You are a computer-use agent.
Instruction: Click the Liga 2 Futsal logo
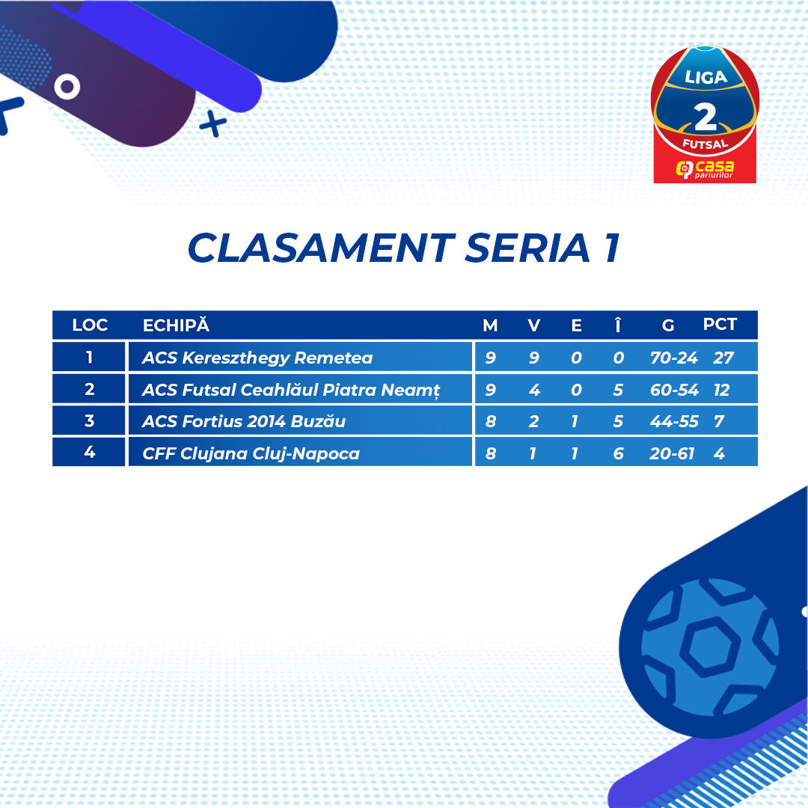(x=705, y=114)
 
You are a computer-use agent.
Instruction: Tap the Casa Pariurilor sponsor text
(x=705, y=169)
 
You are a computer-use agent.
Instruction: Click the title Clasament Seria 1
(x=404, y=248)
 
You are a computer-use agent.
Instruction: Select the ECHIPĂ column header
(x=177, y=325)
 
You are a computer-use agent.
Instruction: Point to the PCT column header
(x=720, y=324)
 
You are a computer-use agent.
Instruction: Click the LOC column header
(x=90, y=325)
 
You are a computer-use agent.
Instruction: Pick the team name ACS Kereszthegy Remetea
(x=257, y=358)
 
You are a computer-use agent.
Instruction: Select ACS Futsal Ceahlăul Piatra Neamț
(x=291, y=390)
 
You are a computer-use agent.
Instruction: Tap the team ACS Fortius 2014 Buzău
(x=244, y=421)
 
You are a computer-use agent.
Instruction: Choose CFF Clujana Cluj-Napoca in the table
(x=251, y=453)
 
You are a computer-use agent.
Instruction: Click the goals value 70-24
(x=673, y=358)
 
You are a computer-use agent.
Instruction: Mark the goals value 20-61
(x=672, y=453)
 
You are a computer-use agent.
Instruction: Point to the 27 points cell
(x=723, y=358)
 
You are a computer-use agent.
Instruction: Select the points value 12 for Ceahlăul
(x=721, y=390)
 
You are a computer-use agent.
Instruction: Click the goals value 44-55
(x=674, y=421)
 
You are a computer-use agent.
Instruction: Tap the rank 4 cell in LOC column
(x=89, y=452)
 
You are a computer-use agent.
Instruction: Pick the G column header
(x=668, y=325)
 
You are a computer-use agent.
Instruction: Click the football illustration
(x=709, y=648)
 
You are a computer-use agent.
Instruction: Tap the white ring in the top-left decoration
(x=67, y=87)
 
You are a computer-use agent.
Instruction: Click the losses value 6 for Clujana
(x=619, y=453)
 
